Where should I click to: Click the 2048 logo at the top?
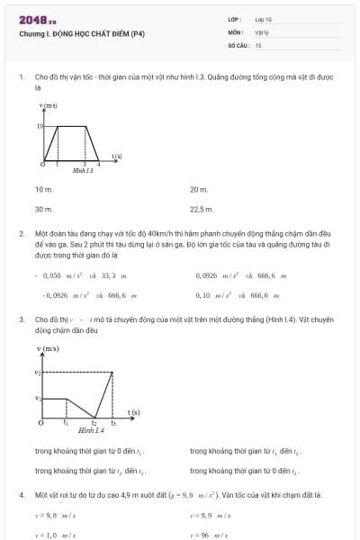click(x=37, y=19)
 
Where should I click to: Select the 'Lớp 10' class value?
click(x=263, y=19)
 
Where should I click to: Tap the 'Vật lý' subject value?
click(x=262, y=31)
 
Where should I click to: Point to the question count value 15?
click(x=257, y=44)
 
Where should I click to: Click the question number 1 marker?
click(x=21, y=78)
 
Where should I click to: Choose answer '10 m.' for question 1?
click(x=44, y=190)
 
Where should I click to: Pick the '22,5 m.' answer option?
click(x=201, y=209)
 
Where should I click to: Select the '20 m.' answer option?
click(x=199, y=190)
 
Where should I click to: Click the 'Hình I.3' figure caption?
click(x=83, y=170)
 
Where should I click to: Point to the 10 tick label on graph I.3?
click(x=40, y=126)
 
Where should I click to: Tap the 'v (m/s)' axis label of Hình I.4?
click(x=48, y=348)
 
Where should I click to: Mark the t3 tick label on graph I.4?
click(x=113, y=423)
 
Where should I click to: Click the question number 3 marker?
click(x=21, y=319)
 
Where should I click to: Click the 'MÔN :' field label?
click(x=236, y=31)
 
